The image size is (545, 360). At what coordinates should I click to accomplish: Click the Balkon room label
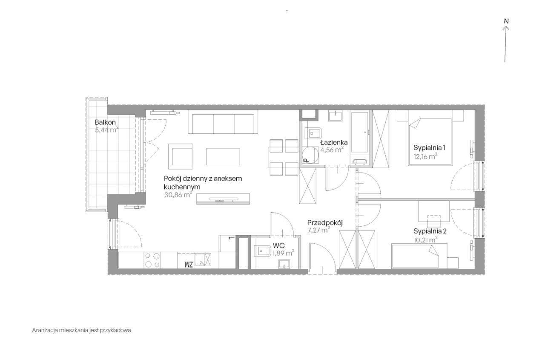tap(105, 122)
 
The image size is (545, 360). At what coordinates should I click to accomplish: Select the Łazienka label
tap(334, 142)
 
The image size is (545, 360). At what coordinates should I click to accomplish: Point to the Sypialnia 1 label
tap(429, 147)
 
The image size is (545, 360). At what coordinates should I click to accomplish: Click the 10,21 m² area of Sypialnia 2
tap(425, 240)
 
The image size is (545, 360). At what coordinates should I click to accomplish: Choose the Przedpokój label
tap(325, 223)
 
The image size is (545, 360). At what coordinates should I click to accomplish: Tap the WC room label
tap(278, 245)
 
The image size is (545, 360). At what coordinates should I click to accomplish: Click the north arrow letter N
tap(506, 21)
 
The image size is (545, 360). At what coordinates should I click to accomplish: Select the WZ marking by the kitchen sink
tap(189, 265)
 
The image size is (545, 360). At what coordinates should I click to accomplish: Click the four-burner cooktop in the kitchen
tap(152, 260)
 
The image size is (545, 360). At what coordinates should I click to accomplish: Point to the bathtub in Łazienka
tap(360, 132)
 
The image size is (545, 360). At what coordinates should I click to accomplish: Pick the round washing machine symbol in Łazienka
tap(310, 155)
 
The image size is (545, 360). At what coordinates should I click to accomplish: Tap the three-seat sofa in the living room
tap(223, 122)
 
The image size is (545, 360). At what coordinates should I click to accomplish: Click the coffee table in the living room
tap(223, 156)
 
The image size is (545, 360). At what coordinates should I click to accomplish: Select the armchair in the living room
tap(180, 156)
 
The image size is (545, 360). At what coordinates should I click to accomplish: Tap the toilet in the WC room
tap(262, 251)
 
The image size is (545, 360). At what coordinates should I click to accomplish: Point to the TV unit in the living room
tap(223, 199)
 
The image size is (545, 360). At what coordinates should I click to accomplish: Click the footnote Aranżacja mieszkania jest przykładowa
tap(81, 330)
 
